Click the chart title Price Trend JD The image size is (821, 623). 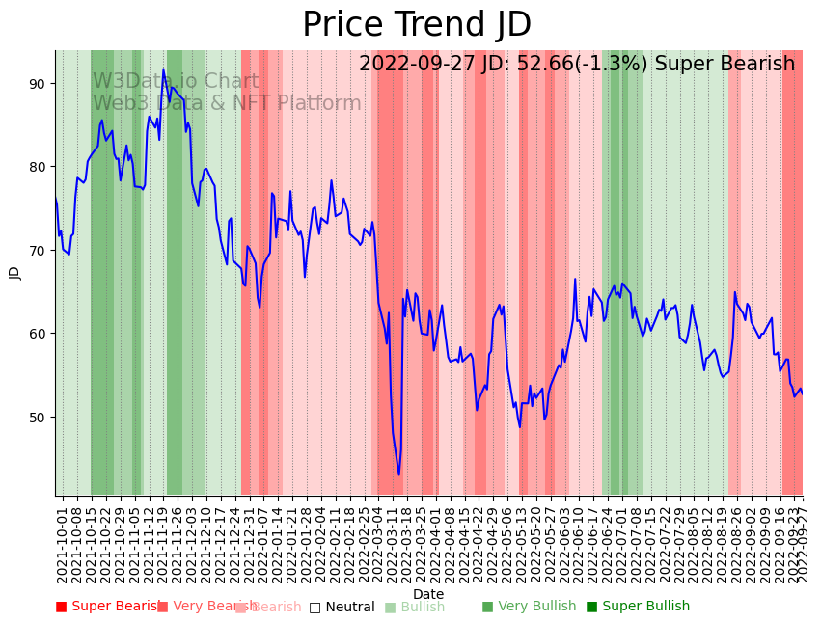417,25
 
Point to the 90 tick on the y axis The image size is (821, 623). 37,84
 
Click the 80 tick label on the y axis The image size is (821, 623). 37,167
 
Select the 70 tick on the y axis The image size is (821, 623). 37,251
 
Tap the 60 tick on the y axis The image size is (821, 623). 37,334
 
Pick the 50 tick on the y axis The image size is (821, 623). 37,418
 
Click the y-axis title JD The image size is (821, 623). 14,273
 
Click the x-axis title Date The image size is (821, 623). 428,595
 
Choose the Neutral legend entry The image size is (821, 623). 342,608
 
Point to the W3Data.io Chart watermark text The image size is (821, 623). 176,82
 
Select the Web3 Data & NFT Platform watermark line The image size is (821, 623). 227,103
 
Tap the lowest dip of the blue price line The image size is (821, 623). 398,474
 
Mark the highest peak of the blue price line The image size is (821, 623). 163,69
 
